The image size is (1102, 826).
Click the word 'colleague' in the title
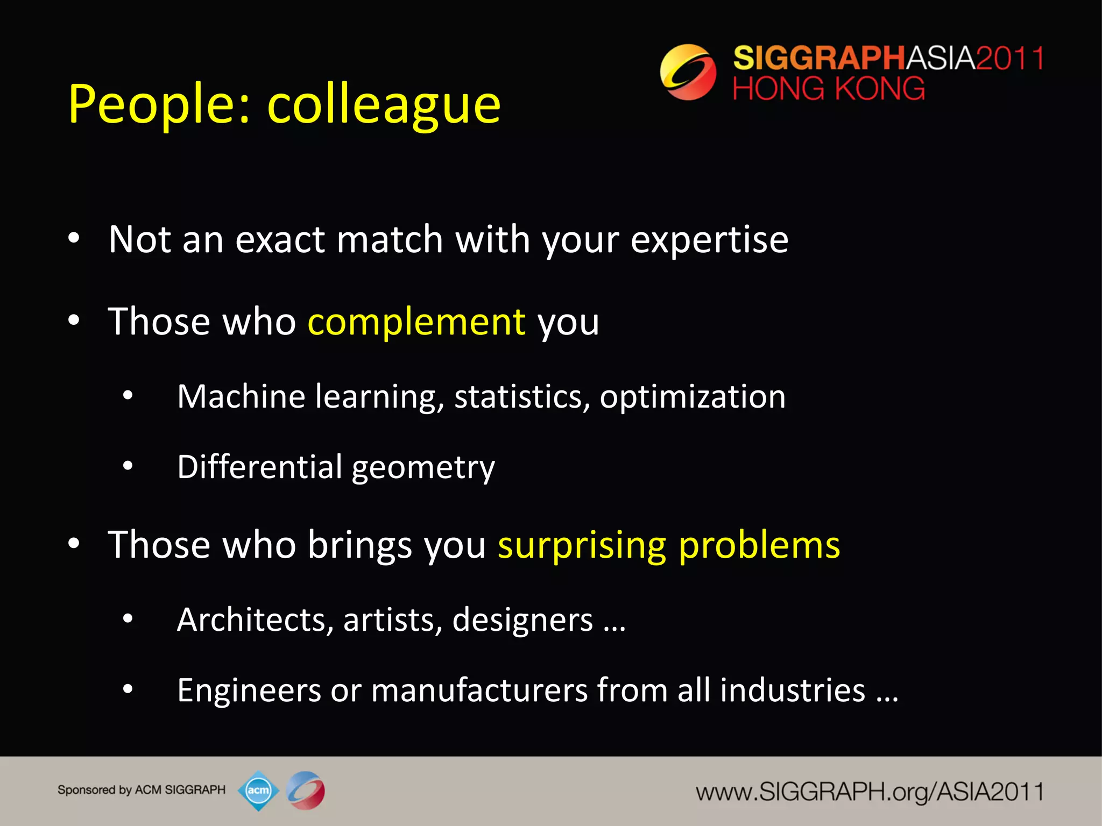pyautogui.click(x=384, y=105)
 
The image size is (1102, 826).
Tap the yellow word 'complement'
pyautogui.click(x=416, y=322)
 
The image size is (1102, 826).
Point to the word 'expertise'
pyautogui.click(x=709, y=240)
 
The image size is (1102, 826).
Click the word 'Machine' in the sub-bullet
pyautogui.click(x=241, y=397)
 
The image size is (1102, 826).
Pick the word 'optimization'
pyautogui.click(x=693, y=397)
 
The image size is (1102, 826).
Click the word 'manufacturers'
pyautogui.click(x=479, y=690)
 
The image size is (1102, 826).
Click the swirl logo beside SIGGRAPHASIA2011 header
pyautogui.click(x=688, y=72)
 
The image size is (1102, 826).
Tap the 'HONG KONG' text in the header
pyautogui.click(x=829, y=89)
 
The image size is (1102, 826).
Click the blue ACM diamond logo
pyautogui.click(x=258, y=791)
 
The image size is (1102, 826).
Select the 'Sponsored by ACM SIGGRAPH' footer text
pyautogui.click(x=142, y=790)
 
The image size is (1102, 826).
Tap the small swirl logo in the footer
pyautogui.click(x=306, y=791)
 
